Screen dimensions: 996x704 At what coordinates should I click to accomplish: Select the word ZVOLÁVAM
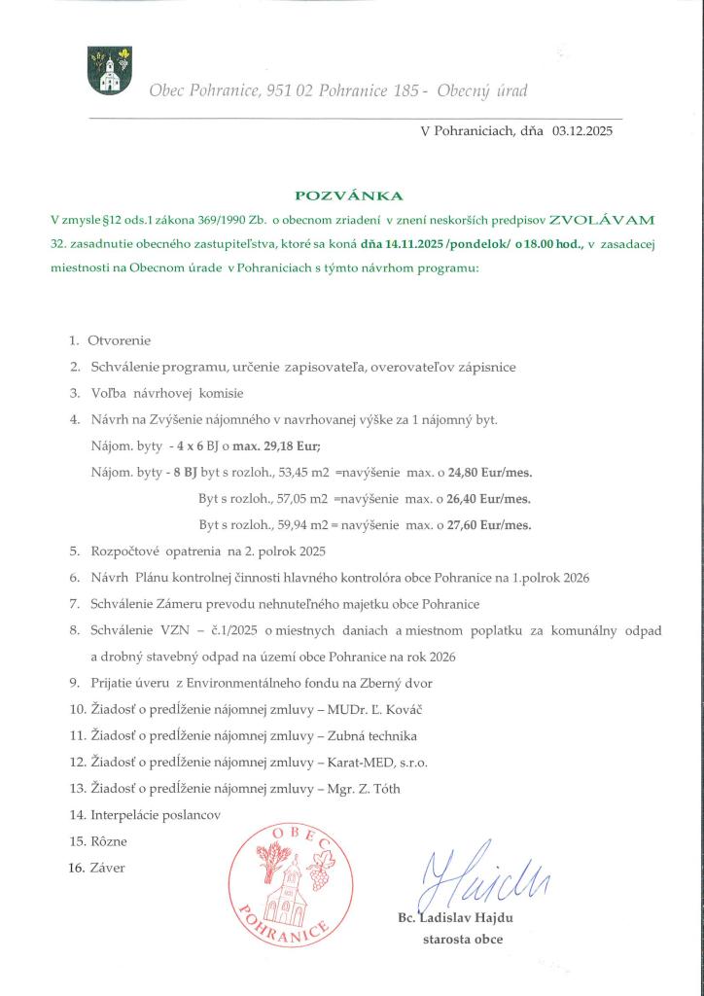pos(603,221)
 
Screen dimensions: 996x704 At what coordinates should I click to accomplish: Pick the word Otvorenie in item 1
pos(120,341)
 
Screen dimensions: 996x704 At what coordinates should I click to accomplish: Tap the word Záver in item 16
pos(107,867)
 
